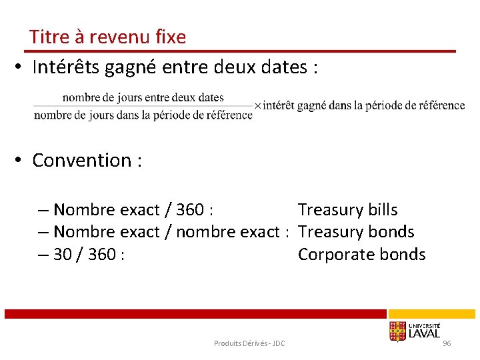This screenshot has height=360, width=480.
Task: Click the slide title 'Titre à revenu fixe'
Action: coord(107,37)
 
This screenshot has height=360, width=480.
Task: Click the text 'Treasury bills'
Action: coord(347,210)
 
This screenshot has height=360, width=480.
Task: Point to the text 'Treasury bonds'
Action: coord(356,232)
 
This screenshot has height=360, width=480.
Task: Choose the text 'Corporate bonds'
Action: coord(361,254)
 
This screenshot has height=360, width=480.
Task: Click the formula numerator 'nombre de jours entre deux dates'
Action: coord(143,98)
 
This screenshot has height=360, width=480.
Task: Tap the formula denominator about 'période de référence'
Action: coord(143,115)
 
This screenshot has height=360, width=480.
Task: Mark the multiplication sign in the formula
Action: coord(258,106)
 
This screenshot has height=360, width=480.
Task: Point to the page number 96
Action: coord(447,343)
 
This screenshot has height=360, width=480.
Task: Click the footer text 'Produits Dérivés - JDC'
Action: coord(249,343)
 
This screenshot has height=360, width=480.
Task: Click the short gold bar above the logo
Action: coord(431,313)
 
